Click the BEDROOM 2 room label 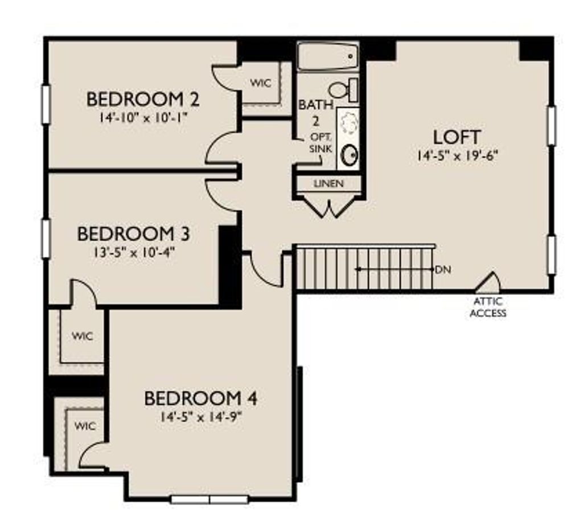click(143, 99)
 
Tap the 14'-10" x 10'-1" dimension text click(142, 118)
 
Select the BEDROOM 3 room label click(133, 234)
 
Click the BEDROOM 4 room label click(201, 399)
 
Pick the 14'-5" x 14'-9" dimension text click(201, 417)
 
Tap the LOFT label click(457, 137)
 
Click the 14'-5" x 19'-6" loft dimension click(457, 155)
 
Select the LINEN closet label click(329, 183)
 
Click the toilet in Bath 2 click(343, 90)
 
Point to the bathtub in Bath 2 click(328, 56)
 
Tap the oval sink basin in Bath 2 click(350, 155)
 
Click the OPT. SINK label click(321, 143)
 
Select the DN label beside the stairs click(443, 270)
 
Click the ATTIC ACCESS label click(488, 307)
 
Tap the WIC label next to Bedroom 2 click(261, 83)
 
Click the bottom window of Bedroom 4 click(210, 499)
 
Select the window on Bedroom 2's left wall click(46, 105)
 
